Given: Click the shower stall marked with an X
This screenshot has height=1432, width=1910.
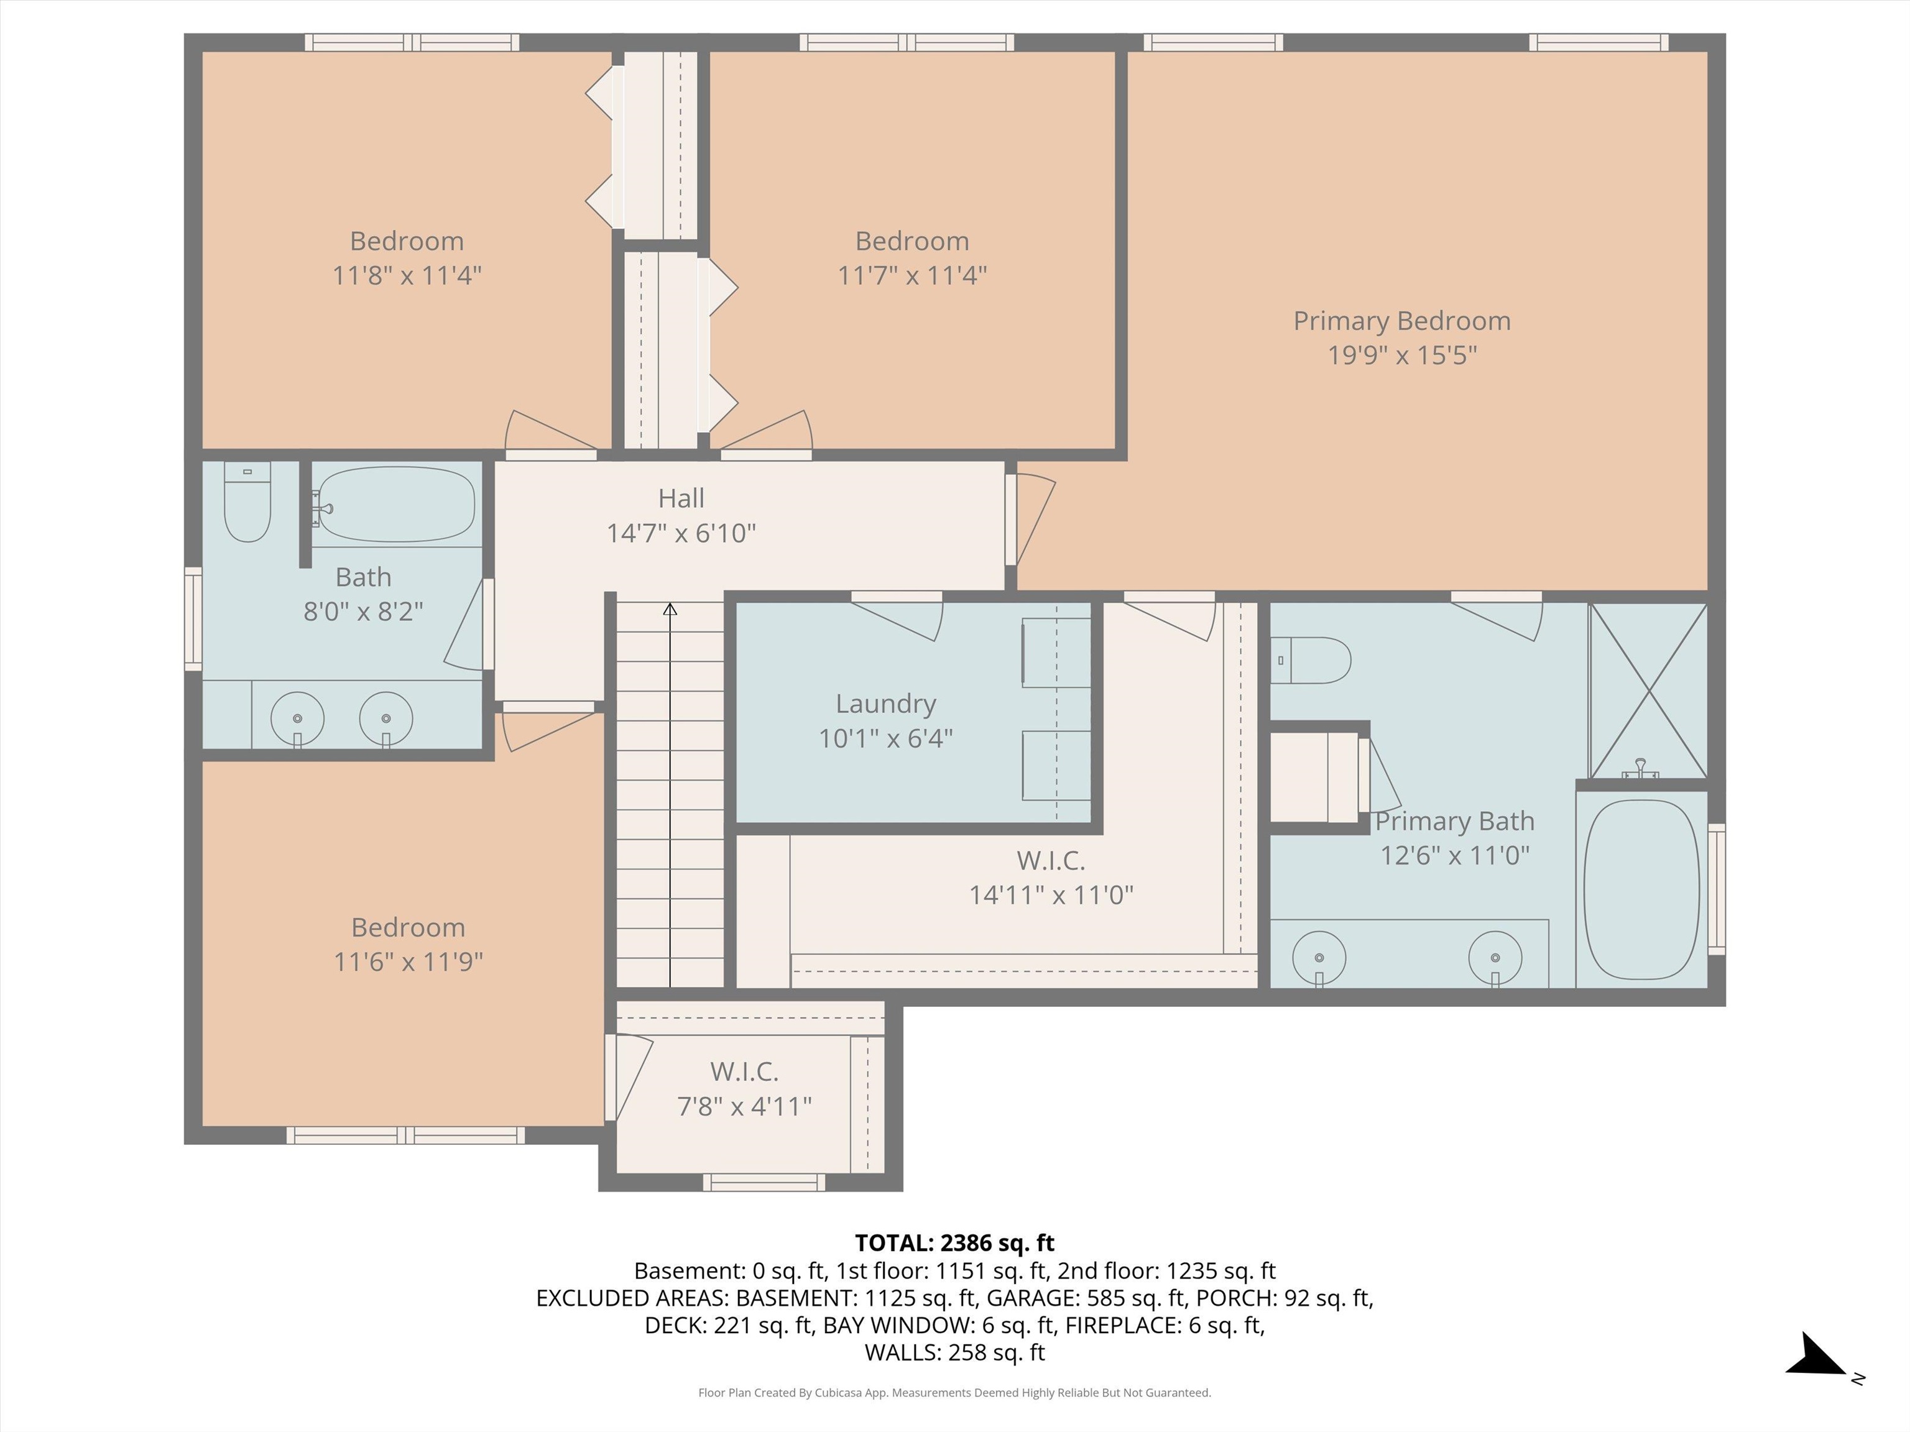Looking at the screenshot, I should (x=1648, y=690).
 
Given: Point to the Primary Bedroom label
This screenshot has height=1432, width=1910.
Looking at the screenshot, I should (x=1401, y=321).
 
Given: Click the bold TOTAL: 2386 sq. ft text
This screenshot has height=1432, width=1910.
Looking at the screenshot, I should (x=954, y=1243).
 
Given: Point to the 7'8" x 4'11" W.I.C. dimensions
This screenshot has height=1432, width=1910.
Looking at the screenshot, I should (x=744, y=1106).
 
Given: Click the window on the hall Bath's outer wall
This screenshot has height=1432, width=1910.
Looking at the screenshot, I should (x=193, y=619).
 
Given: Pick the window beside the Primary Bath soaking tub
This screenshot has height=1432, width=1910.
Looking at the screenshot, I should (x=1717, y=889).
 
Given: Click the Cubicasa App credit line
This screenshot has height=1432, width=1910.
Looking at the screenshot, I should (x=954, y=1392).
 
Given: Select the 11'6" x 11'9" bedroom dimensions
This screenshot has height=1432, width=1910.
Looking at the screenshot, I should (x=408, y=962).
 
